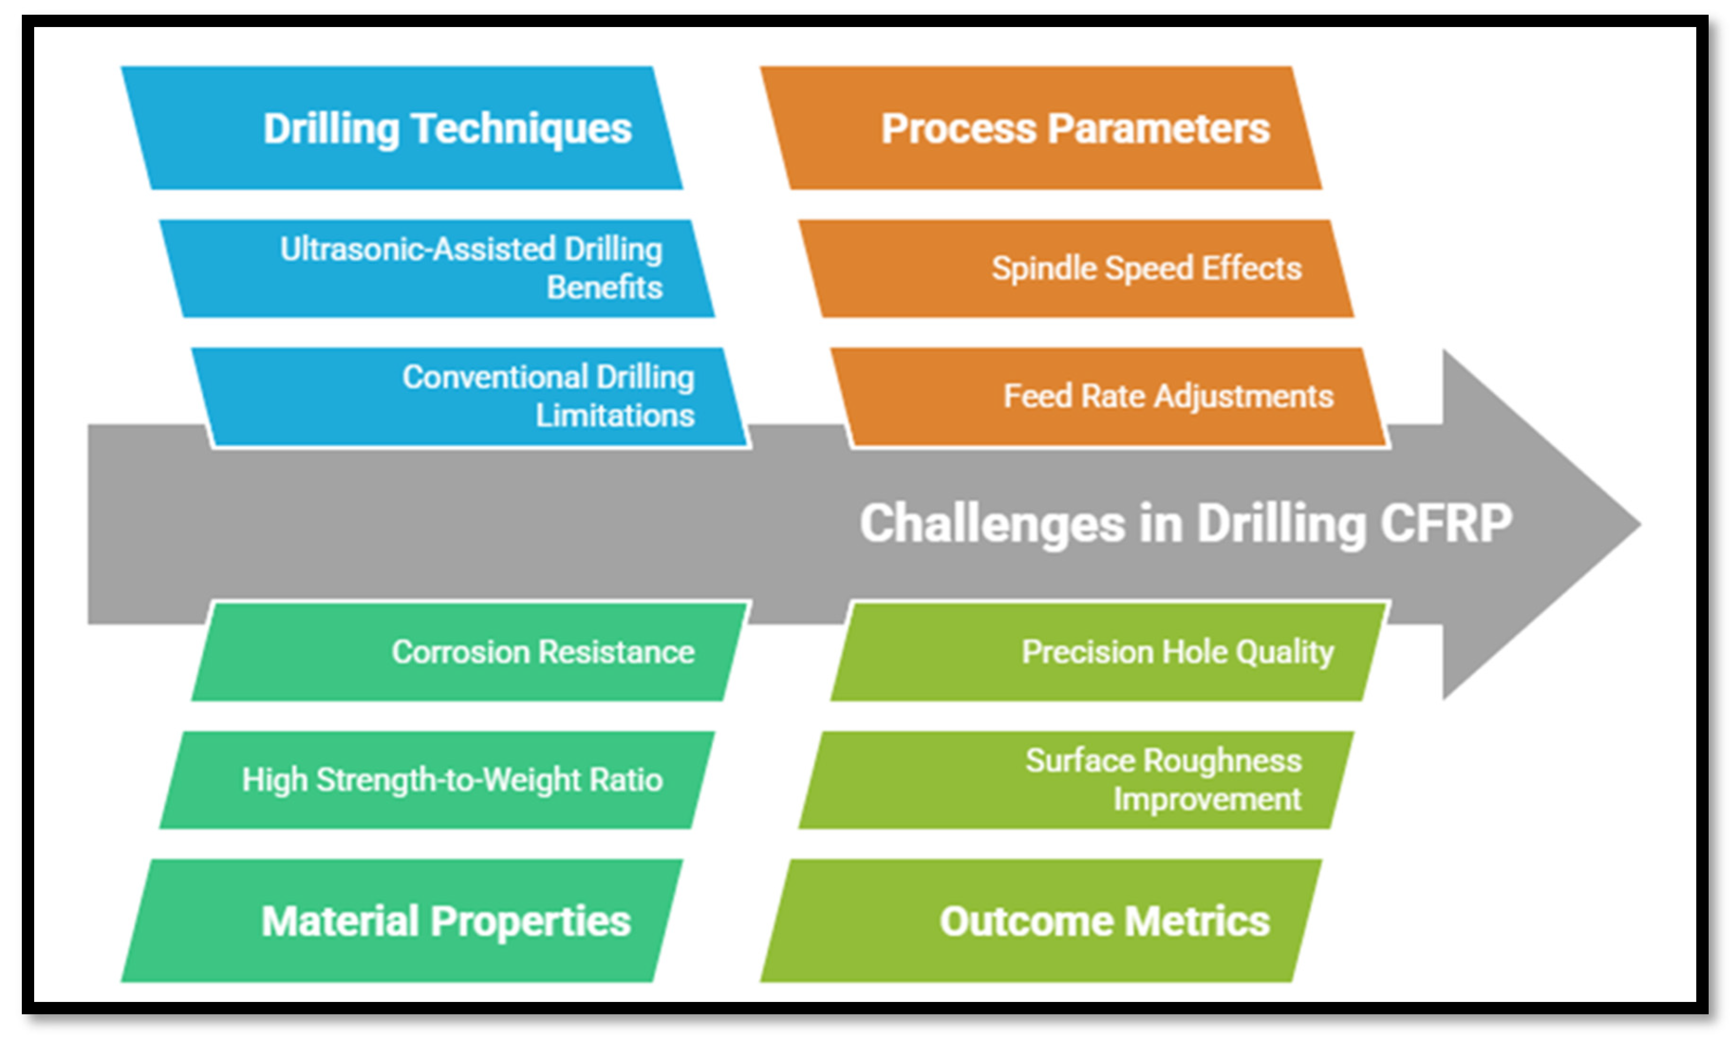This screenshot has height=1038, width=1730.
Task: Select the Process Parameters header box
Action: click(1041, 128)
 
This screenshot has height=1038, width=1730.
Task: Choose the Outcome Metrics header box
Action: click(1041, 920)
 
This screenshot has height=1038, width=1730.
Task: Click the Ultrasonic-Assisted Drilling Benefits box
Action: click(437, 269)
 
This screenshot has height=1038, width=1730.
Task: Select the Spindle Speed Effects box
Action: click(1077, 269)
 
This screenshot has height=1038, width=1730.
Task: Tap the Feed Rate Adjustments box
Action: click(1109, 397)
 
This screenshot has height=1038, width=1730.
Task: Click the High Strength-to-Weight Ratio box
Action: click(437, 780)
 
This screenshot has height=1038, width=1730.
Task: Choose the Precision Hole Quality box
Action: click(1109, 652)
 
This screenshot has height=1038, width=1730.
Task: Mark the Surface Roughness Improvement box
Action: click(1077, 780)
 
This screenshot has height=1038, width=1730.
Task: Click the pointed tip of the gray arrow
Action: click(1640, 524)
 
